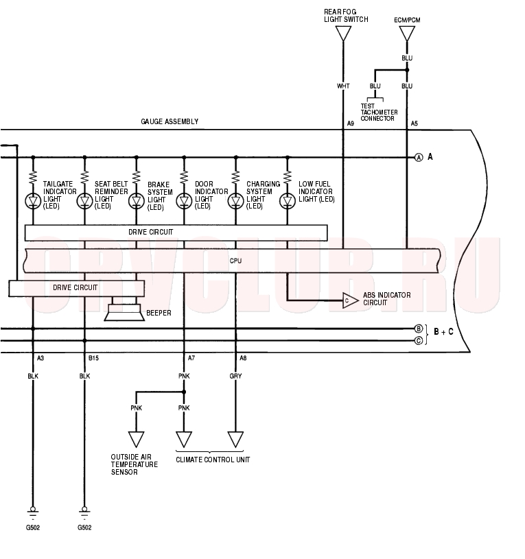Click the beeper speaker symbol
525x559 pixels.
[124, 313]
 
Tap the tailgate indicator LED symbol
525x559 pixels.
[33, 202]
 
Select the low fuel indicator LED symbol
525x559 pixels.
[288, 202]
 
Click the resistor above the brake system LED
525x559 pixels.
[137, 177]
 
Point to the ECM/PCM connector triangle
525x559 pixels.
[407, 34]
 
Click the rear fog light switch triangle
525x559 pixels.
[343, 34]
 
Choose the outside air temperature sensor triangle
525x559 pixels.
[137, 439]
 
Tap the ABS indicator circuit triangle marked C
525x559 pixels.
[350, 300]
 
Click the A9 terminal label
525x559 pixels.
[351, 123]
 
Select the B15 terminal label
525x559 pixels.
[93, 358]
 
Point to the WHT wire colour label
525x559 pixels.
[343, 86]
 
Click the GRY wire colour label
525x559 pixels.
[236, 376]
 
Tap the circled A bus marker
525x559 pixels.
[419, 157]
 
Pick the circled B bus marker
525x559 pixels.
[419, 329]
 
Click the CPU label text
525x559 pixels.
[236, 261]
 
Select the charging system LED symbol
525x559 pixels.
[236, 202]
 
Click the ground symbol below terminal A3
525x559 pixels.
[33, 512]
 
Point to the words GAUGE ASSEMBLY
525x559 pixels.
[170, 121]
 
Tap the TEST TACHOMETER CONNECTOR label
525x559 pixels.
[379, 112]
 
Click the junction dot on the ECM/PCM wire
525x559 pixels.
[407, 70]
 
